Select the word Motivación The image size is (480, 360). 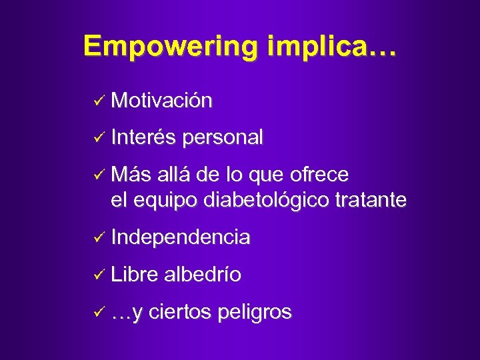pos(162,101)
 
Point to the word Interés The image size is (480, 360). pos(143,137)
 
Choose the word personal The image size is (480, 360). pos(223,137)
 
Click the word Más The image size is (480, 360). pos(132,175)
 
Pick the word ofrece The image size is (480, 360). pos(319,175)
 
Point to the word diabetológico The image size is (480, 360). pos(264,199)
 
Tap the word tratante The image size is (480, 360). pos(371,199)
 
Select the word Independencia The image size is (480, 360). pos(181,237)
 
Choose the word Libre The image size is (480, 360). pos(135,274)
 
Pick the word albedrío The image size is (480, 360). pos(203,274)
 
